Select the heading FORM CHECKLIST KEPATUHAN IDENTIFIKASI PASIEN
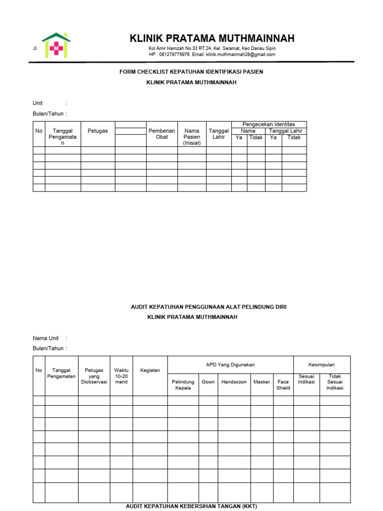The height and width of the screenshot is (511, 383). pos(191,72)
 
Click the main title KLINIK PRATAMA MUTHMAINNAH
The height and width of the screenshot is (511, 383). pos(212,38)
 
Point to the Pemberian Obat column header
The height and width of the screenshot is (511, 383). pos(162,134)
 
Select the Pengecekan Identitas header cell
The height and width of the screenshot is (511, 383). pos(268,124)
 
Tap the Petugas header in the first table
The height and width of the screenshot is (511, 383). pos(98,131)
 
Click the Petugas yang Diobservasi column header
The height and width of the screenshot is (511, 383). pos(94,376)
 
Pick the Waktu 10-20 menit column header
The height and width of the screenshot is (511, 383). pos(121,376)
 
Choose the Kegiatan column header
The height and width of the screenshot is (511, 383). pos(150,371)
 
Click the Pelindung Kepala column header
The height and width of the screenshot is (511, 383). pos(183,385)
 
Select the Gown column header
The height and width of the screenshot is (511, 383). pos(208,382)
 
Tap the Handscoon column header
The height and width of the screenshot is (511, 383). pos(234,382)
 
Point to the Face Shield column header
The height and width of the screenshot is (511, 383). pos(283,385)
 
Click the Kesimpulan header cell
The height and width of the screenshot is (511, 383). pos(322,365)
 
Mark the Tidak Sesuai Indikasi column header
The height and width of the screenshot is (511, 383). pos(335,382)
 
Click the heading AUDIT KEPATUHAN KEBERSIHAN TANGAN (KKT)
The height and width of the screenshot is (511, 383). pos(191,507)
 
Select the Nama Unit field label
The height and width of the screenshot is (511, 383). pos(46,338)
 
